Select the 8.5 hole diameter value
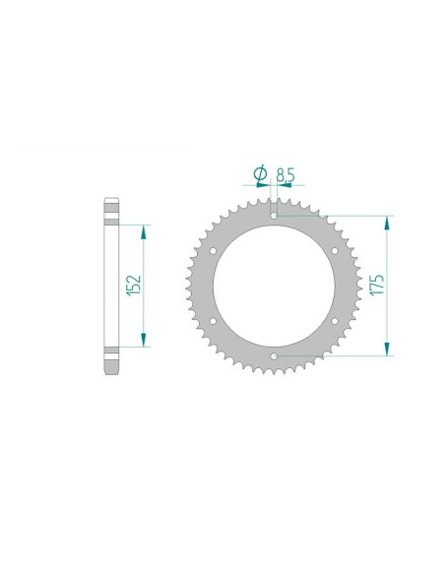pos(286,175)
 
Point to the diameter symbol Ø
pos(261,174)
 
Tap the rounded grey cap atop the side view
pos(110,209)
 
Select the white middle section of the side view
pos(110,286)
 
